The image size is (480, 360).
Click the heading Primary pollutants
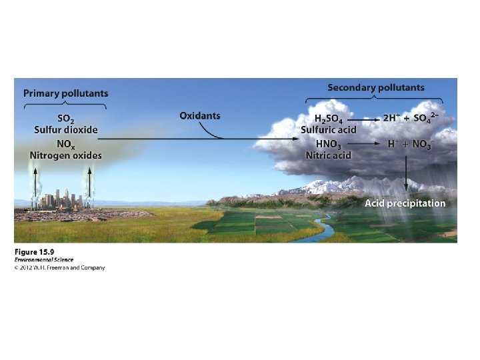(x=65, y=93)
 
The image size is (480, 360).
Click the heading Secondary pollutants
(x=375, y=87)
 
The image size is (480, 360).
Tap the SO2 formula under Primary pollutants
(x=65, y=118)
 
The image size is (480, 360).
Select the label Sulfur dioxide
(x=65, y=129)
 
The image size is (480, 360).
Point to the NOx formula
(x=65, y=143)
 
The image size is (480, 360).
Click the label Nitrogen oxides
(x=65, y=155)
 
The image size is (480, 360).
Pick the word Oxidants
(x=199, y=115)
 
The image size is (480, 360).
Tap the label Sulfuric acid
(x=329, y=129)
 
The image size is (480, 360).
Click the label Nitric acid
(x=329, y=155)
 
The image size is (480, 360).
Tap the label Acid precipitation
(x=405, y=203)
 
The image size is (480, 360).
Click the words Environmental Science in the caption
(x=43, y=260)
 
